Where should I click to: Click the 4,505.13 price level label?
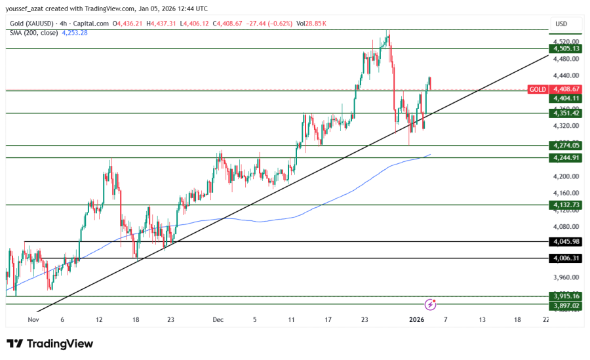click(566, 49)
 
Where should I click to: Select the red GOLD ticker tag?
click(538, 89)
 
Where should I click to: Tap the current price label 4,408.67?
click(566, 89)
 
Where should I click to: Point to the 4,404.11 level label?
click(566, 98)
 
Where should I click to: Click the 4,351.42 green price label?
click(566, 113)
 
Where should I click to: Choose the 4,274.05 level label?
click(566, 146)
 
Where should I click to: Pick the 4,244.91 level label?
click(566, 158)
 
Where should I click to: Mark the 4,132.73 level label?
click(566, 205)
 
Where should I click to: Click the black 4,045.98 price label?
click(566, 242)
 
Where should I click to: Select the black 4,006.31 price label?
click(566, 258)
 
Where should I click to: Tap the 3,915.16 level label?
click(566, 296)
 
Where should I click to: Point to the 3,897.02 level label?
click(566, 306)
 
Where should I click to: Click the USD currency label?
click(561, 24)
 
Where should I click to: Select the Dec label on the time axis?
click(218, 319)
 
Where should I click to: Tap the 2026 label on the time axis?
click(418, 319)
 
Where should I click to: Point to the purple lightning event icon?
click(431, 304)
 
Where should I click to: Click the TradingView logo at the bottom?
click(50, 344)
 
